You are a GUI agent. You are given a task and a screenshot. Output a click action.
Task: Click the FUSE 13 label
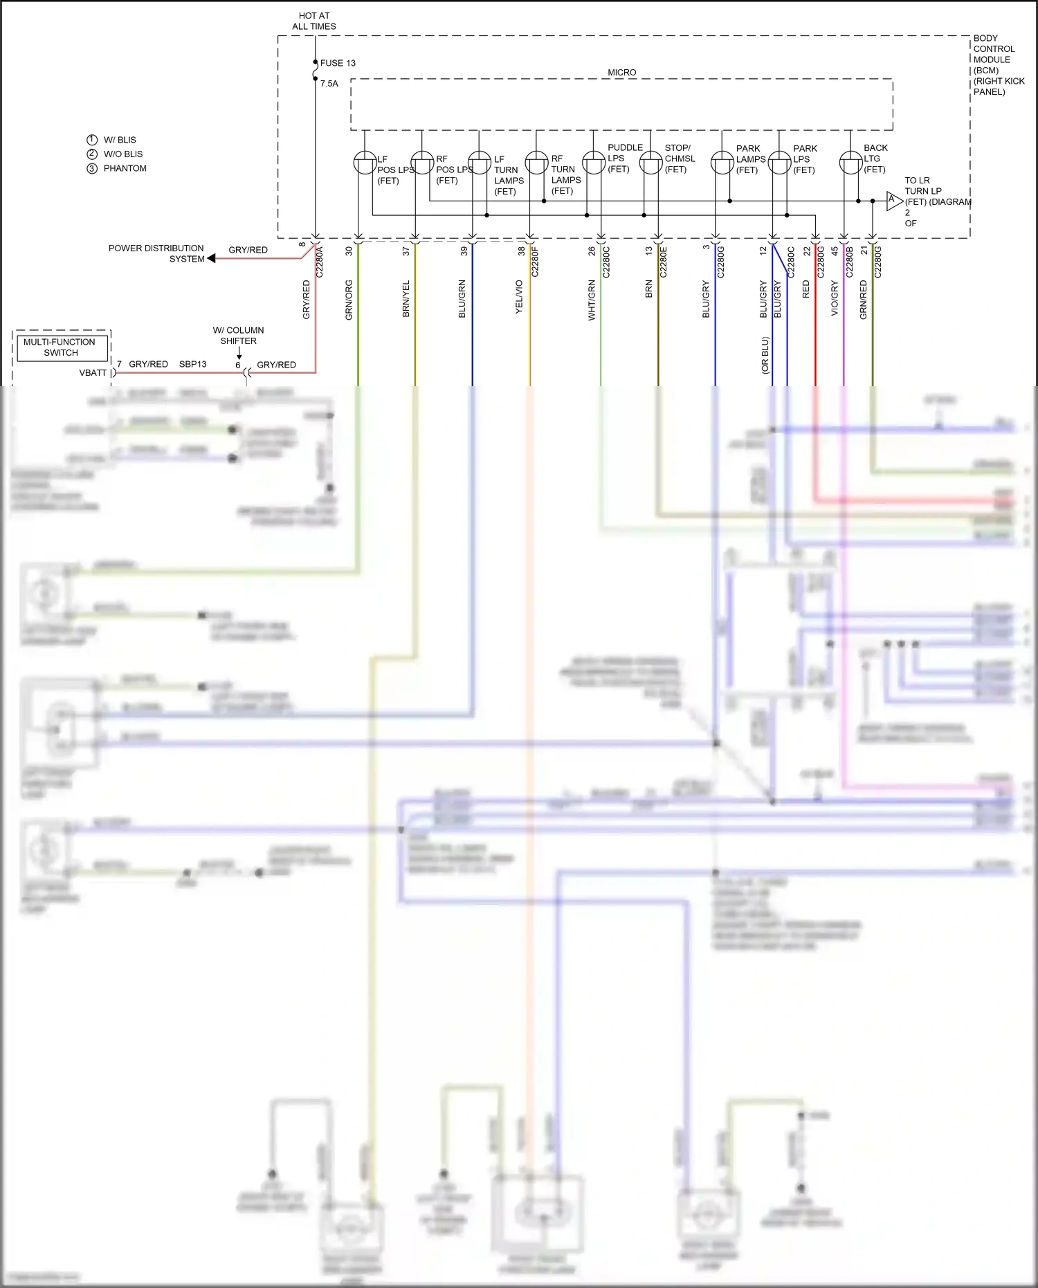337,63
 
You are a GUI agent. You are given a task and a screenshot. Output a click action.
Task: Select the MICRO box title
621,73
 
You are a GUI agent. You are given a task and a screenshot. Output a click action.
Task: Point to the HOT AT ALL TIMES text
314,21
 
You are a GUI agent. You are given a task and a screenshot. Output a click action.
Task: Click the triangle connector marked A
893,201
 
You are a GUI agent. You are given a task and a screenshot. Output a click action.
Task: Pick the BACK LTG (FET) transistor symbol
850,163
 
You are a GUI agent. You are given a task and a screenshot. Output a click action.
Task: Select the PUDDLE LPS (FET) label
624,158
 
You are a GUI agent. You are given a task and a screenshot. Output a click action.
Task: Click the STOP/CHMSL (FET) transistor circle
650,163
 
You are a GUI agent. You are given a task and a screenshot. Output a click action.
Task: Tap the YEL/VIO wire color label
519,297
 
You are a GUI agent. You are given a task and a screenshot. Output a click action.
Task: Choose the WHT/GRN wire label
592,300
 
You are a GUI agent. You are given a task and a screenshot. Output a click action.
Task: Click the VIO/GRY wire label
835,298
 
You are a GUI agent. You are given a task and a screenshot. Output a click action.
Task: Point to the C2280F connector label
535,262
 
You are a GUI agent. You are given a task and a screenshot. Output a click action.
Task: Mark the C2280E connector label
663,262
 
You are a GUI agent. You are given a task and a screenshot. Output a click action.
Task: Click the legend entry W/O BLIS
122,154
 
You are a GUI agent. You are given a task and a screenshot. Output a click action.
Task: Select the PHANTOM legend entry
125,168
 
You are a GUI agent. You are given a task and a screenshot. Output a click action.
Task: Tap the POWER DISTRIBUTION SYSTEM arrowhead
212,258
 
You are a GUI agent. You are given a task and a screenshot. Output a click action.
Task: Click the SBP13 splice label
192,364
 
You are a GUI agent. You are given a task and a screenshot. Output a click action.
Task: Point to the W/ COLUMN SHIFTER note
238,336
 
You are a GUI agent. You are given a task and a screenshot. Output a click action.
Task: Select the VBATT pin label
93,373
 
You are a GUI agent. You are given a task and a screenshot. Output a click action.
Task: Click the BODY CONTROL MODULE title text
994,64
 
